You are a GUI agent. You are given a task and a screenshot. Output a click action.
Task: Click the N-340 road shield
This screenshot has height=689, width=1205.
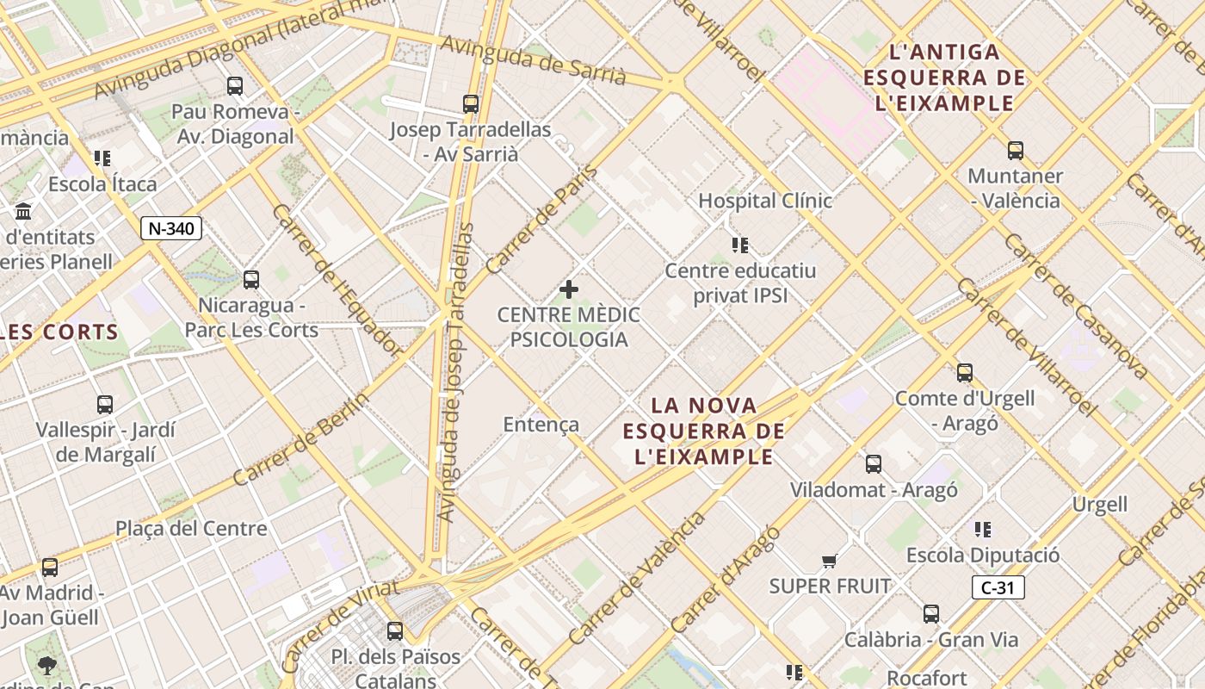(171, 228)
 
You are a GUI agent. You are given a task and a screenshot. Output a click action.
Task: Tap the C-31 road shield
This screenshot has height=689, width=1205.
(998, 588)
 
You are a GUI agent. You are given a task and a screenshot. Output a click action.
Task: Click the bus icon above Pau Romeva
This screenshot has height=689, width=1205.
(235, 85)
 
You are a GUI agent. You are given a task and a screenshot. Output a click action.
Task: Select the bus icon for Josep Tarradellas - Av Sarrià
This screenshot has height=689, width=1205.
(470, 104)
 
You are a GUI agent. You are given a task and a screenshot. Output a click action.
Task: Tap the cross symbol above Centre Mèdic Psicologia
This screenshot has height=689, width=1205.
(569, 289)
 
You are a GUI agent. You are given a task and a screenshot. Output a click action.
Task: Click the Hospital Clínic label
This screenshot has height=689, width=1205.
(764, 201)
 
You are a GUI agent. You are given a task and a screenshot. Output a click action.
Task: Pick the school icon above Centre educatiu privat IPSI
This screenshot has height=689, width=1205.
(740, 245)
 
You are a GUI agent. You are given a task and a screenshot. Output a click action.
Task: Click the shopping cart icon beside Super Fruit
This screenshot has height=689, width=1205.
(829, 562)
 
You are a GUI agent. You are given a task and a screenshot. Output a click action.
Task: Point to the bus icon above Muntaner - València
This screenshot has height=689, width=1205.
(1015, 151)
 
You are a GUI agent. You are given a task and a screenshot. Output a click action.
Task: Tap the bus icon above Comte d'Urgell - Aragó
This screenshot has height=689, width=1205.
(964, 373)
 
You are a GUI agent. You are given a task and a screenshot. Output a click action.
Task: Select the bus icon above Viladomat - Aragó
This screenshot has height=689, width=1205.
(874, 464)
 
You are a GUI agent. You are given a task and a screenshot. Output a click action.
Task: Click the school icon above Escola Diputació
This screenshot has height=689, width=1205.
(983, 530)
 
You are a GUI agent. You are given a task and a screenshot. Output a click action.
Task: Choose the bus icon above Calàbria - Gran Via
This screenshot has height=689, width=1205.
(931, 614)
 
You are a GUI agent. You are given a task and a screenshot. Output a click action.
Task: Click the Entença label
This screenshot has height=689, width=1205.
(541, 425)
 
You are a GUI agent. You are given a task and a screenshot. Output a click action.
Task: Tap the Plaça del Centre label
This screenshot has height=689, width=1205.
(191, 528)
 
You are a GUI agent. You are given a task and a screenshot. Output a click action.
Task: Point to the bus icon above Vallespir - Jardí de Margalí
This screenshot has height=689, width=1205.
(105, 404)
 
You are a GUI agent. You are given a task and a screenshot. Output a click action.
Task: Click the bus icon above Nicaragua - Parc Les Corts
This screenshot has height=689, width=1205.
(251, 280)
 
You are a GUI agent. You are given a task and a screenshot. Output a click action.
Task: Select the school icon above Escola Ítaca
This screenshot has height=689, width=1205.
(102, 158)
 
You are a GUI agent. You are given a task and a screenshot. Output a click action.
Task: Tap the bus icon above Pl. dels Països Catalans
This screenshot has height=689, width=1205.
(395, 631)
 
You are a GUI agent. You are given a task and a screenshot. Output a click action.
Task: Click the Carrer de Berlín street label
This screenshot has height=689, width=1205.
(300, 440)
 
